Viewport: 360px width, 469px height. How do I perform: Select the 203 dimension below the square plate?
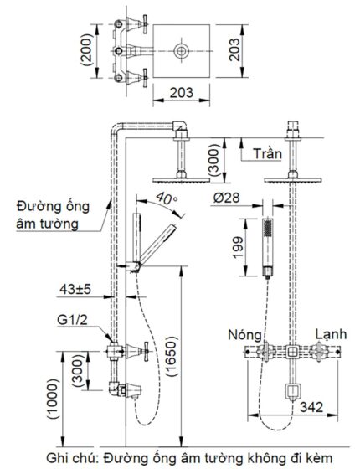pos(182,92)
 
